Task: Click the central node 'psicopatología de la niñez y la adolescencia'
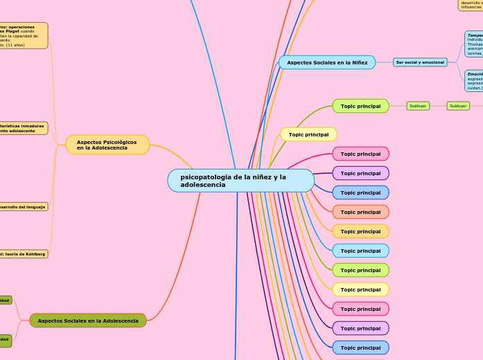(240, 181)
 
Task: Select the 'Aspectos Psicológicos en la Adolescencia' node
(107, 145)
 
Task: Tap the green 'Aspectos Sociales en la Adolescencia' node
(88, 321)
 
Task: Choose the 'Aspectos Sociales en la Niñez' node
(327, 62)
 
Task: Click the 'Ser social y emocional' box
(421, 62)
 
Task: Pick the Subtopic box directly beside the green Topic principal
(418, 106)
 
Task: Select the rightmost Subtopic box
(457, 106)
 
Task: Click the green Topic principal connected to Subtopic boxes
(360, 106)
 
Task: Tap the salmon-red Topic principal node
(360, 212)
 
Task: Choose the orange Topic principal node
(360, 231)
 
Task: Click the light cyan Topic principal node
(360, 251)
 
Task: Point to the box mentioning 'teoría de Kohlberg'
(24, 254)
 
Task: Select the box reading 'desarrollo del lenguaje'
(24, 206)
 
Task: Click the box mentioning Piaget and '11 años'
(24, 35)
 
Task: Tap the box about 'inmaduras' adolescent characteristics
(24, 128)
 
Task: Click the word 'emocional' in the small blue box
(432, 62)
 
